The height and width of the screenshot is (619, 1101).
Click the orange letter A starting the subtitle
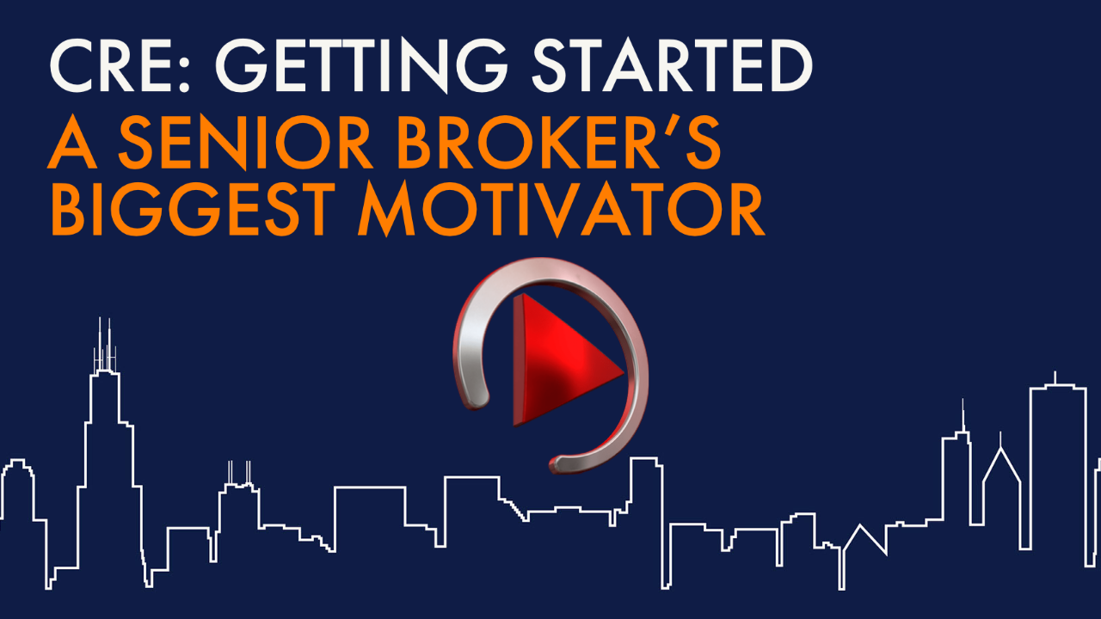[x=74, y=145]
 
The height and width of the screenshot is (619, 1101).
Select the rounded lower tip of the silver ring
[x=563, y=463]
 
